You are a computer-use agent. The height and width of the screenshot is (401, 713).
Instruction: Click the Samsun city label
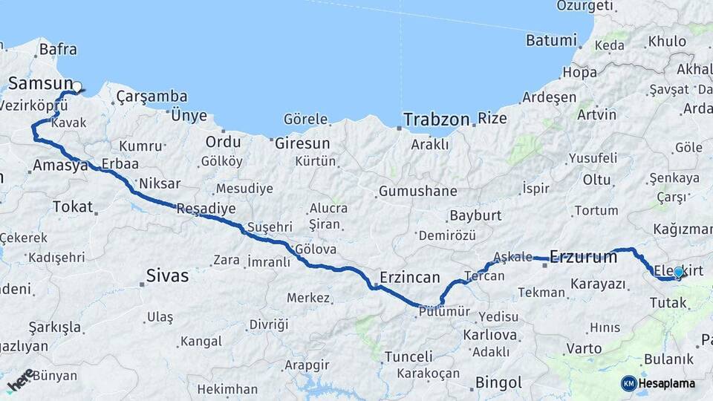[x=40, y=83]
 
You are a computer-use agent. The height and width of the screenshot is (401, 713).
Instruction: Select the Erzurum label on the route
[x=584, y=258]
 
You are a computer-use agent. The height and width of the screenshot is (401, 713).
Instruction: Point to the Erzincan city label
[x=410, y=277]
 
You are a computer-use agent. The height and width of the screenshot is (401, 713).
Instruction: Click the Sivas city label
[x=166, y=277]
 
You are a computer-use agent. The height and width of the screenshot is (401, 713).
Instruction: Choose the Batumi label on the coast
[x=551, y=40]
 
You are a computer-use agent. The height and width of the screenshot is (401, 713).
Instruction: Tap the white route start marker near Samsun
[x=76, y=87]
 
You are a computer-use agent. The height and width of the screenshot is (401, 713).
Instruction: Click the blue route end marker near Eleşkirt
[x=678, y=273]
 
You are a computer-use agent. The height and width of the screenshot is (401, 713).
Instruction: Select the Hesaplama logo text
[x=667, y=383]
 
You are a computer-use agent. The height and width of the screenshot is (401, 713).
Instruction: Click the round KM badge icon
[x=628, y=383]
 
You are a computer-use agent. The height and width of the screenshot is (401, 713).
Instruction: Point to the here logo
[x=21, y=379]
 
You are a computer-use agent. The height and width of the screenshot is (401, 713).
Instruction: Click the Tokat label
[x=73, y=206]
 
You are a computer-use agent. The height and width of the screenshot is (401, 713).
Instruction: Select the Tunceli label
[x=408, y=357]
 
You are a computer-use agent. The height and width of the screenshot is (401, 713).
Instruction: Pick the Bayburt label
[x=476, y=217]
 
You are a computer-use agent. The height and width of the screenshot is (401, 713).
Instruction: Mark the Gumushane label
[x=417, y=192]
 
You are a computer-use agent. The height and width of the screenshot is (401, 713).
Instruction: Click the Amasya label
[x=60, y=166]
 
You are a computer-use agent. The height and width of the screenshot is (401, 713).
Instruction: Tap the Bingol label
[x=498, y=383]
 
